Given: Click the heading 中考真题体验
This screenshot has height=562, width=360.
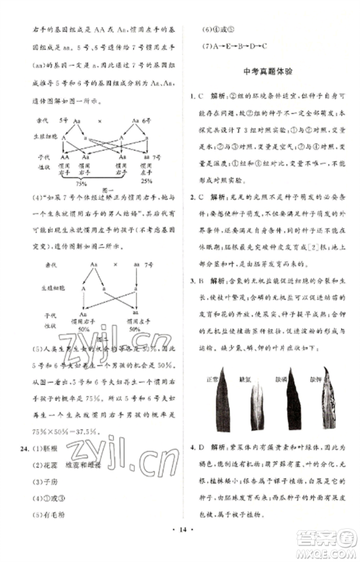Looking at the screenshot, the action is pyautogui.click(x=264, y=73).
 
